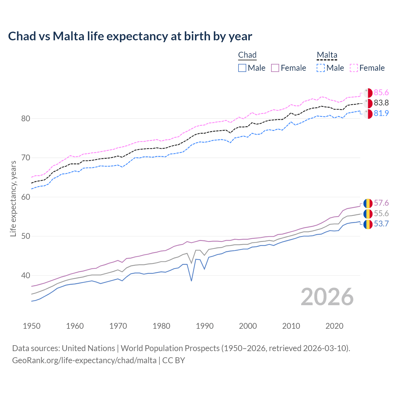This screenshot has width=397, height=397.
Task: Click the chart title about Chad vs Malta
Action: [130, 36]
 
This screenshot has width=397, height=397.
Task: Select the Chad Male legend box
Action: [242, 68]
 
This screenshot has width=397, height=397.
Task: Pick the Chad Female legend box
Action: [275, 68]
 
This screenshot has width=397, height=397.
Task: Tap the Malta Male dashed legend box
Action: [321, 68]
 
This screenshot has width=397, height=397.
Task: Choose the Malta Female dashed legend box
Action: [354, 68]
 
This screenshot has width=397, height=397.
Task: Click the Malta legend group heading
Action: [327, 55]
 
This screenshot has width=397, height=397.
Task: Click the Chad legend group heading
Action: [247, 55]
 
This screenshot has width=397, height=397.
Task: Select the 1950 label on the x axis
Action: [32, 326]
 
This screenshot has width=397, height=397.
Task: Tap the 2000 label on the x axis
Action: [248, 326]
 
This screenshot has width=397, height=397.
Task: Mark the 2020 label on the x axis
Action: [334, 326]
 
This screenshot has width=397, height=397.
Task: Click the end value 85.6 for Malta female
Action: [381, 92]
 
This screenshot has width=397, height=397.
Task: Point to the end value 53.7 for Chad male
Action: [381, 224]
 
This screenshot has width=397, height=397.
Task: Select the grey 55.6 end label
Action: [381, 213]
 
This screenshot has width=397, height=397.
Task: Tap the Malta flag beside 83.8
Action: [368, 103]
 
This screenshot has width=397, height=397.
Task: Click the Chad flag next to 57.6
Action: [368, 203]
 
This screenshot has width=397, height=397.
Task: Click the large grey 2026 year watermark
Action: [327, 297]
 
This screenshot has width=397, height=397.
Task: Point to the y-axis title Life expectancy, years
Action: [13, 198]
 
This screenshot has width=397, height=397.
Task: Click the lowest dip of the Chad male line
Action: [191, 281]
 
